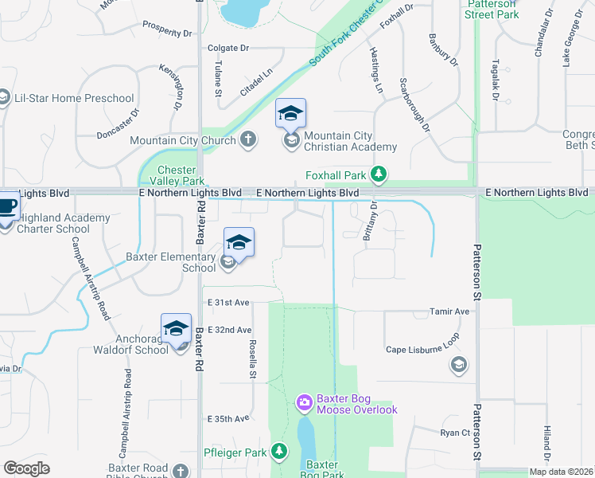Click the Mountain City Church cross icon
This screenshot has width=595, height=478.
[247, 140]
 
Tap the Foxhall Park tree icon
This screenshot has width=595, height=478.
[380, 174]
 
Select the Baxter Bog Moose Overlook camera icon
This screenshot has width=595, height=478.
[304, 403]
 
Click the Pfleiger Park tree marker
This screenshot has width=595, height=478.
[278, 452]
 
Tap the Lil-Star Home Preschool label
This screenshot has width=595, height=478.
[74, 99]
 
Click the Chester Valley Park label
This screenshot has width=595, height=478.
[177, 175]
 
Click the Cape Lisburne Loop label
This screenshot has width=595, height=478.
[422, 349]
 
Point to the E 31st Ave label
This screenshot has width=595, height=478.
[229, 303]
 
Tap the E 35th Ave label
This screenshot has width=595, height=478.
[229, 418]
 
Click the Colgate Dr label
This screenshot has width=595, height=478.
[228, 48]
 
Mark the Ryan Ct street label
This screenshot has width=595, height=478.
[456, 433]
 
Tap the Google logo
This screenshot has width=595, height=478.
[27, 468]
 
